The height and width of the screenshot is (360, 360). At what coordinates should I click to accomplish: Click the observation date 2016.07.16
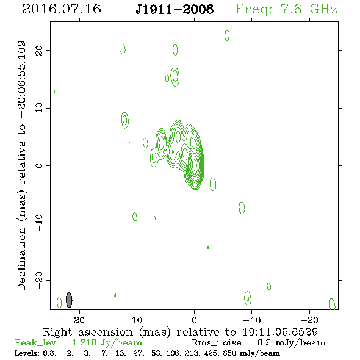pyautogui.click(x=62, y=9)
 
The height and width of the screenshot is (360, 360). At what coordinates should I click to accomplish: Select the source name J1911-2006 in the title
pyautogui.click(x=175, y=9)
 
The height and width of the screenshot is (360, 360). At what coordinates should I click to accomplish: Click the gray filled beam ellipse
pyautogui.click(x=69, y=300)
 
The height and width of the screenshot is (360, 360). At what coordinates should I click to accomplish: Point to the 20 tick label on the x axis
pyautogui.click(x=79, y=320)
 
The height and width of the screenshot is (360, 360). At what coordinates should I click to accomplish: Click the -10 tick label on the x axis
pyautogui.click(x=252, y=320)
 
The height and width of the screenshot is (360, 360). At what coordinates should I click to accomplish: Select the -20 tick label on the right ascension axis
pyautogui.click(x=309, y=320)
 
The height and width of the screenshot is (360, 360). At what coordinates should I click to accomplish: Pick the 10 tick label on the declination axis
pyautogui.click(x=39, y=108)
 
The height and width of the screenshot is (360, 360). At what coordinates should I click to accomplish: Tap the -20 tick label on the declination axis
pyautogui.click(x=39, y=280)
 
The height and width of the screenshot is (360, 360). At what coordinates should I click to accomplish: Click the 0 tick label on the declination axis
pyautogui.click(x=39, y=165)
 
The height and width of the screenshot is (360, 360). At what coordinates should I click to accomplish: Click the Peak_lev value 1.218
pyautogui.click(x=84, y=342)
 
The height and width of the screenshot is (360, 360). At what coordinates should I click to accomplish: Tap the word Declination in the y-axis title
pyautogui.click(x=21, y=259)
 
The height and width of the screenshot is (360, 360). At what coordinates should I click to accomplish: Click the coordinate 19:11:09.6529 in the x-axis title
pyautogui.click(x=280, y=332)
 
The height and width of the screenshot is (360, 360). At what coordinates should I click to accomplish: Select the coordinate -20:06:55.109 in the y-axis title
pyautogui.click(x=21, y=79)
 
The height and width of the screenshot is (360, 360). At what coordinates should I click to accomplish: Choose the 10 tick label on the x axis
pyautogui.click(x=137, y=320)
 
